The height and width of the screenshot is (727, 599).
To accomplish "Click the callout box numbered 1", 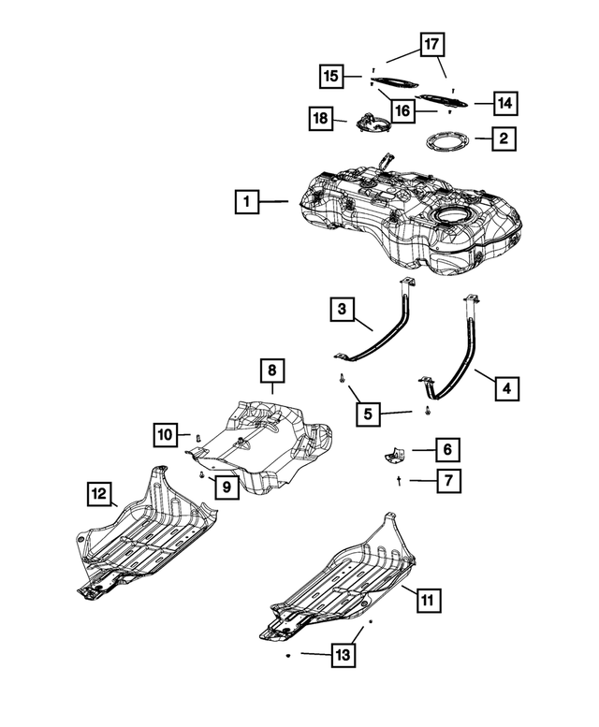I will click(246, 201).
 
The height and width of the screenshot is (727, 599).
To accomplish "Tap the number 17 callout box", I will click(431, 44).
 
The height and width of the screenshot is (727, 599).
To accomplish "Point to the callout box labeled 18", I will click(322, 118).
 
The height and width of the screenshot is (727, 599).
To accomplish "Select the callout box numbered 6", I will click(446, 450).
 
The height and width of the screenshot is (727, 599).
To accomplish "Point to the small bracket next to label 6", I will click(392, 454).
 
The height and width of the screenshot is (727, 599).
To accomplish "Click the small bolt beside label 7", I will click(400, 480).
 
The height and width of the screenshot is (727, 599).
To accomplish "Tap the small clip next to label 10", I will click(197, 436).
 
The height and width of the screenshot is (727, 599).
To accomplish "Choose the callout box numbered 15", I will click(329, 74).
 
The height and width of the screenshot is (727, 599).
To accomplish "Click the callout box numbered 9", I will click(226, 485).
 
